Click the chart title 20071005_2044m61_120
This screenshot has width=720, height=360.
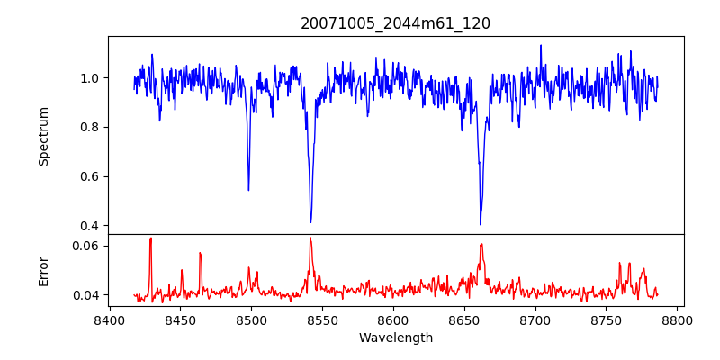[395, 23]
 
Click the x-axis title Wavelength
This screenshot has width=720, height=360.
[395, 337]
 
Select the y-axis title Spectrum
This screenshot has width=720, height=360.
[43, 136]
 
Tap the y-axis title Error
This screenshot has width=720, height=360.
[43, 269]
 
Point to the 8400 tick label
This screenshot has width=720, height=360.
[109, 319]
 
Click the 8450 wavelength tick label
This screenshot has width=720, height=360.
[180, 319]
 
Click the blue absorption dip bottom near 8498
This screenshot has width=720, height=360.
[248, 190]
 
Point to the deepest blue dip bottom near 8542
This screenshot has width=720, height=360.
[310, 221]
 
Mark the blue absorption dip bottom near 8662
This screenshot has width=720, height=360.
[481, 224]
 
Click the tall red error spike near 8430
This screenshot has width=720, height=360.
[150, 239]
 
